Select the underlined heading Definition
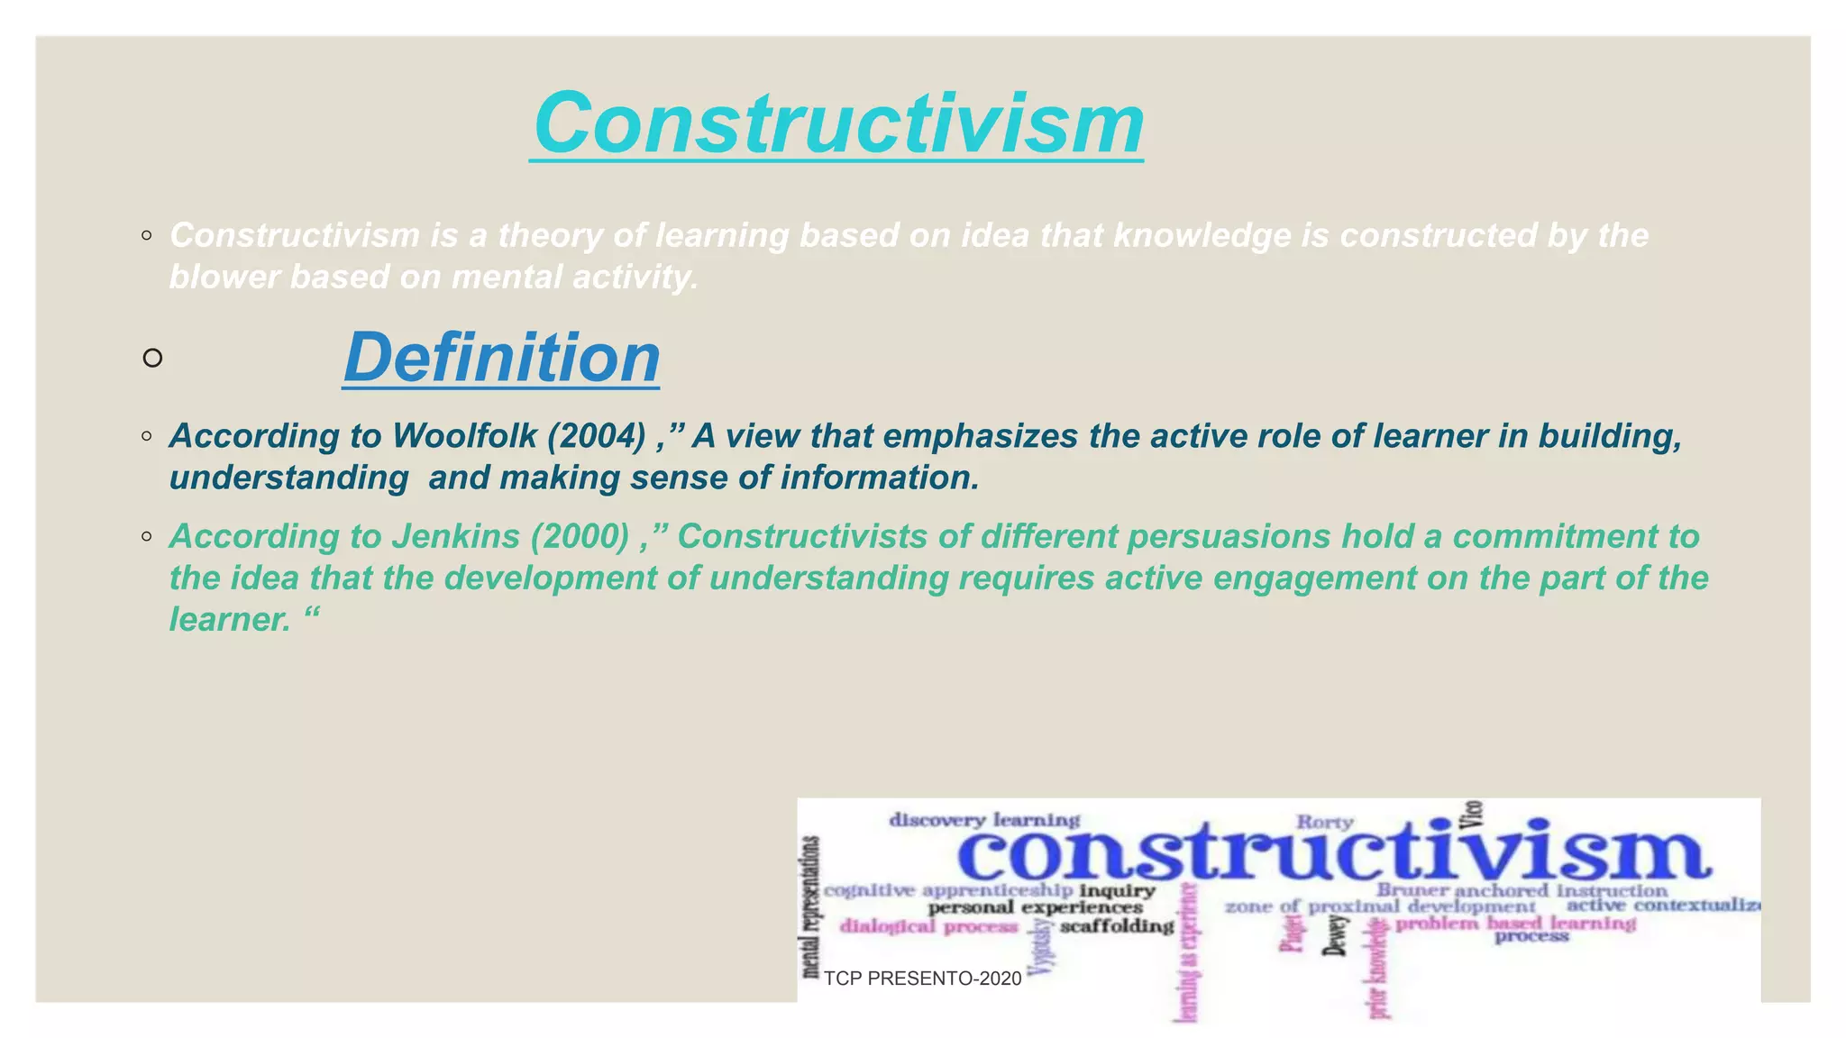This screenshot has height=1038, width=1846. pos(501,358)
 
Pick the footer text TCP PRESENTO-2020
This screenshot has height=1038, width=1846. pos(922,979)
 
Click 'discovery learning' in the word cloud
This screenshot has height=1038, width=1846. pos(984,820)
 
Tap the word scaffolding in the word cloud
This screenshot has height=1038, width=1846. pos(1117,926)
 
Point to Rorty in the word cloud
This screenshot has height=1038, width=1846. pos(1324,822)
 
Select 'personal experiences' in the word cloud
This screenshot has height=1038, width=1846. pos(1035,907)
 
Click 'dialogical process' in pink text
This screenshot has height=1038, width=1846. pos(928,926)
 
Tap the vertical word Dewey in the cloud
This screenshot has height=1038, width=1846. pos(1338,935)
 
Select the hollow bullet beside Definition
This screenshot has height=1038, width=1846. pos(152,359)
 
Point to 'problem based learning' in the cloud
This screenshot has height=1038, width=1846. pos(1515,924)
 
